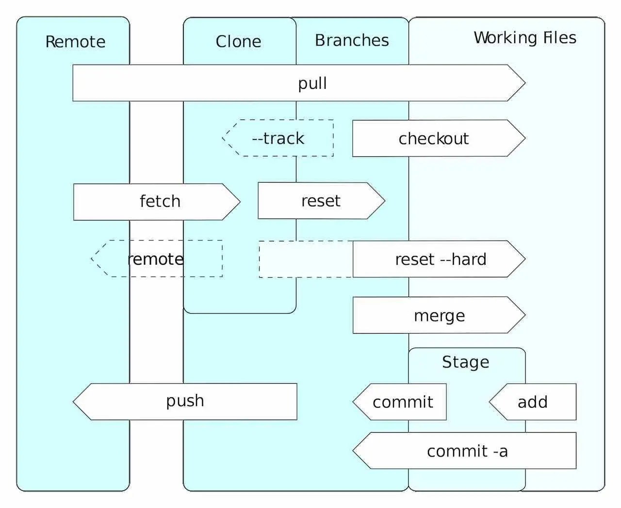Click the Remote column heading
[75, 42]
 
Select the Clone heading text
[238, 42]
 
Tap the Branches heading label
[352, 40]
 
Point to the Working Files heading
[525, 38]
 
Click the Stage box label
[465, 362]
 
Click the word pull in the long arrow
[312, 83]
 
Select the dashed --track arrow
[278, 138]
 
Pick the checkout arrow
[434, 138]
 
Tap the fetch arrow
[160, 201]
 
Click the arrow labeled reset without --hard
[321, 201]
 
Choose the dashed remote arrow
[155, 259]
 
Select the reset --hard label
[441, 259]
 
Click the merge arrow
[439, 316]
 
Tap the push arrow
[185, 401]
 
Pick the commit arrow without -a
[402, 402]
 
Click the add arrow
[532, 402]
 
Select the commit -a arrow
[467, 451]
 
